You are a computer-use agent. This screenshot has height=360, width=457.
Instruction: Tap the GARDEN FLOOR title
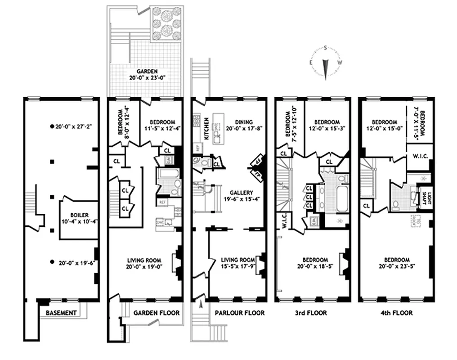(157, 313)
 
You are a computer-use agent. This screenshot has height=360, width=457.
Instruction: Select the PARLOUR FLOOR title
(239, 313)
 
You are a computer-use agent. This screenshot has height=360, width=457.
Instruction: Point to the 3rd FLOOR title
(312, 313)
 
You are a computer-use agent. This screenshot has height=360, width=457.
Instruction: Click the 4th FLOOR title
(396, 313)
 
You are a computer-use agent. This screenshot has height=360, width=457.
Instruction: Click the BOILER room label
(79, 215)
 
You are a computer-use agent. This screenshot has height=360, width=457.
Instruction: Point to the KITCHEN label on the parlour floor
(206, 129)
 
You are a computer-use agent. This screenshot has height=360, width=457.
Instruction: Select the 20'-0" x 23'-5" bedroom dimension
(396, 266)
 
